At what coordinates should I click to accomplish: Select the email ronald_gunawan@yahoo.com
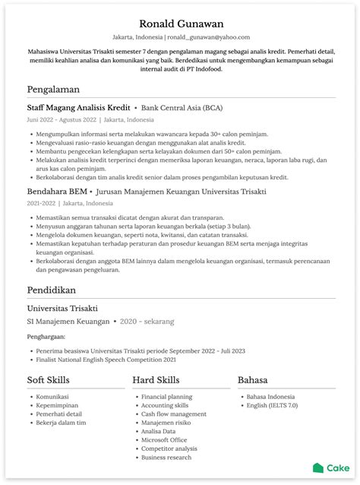pos(208,37)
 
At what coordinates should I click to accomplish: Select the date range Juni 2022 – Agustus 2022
pos(62,120)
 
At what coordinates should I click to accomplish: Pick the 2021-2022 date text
pos(41,204)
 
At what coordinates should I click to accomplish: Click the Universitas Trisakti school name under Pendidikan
pos(62,309)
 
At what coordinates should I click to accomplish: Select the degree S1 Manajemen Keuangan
pos(68,322)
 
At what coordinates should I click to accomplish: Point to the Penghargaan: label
pos(46,336)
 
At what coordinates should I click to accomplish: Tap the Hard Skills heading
pos(156,380)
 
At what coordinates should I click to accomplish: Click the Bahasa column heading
pos(256,380)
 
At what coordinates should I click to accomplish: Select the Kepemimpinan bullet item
pos(58,406)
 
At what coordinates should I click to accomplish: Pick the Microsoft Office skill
pos(164,440)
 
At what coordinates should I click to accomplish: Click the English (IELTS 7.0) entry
pos(272,406)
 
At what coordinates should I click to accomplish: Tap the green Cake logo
pos(330,468)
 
